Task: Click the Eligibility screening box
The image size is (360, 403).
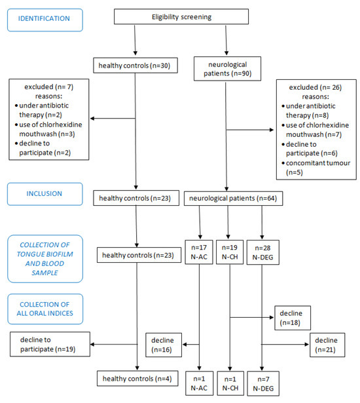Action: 181,16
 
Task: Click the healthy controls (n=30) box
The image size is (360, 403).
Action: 135,66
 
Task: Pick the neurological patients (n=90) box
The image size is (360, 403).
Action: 227,69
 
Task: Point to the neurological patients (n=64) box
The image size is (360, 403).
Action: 233,199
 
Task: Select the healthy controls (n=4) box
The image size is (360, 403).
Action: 137,378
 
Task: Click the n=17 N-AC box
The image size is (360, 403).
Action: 199,252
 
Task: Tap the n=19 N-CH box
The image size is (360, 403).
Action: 230,252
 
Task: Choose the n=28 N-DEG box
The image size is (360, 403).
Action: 263,252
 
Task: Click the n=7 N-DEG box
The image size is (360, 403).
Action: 263,383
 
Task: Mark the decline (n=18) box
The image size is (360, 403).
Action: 293,318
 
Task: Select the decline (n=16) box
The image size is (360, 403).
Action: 164,345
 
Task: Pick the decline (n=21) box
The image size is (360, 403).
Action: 327,345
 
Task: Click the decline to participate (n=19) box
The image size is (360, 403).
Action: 50,344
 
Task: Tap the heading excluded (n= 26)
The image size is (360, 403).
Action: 315,87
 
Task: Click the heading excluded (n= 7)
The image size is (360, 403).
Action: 49,87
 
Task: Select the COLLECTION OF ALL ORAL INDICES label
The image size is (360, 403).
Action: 45,309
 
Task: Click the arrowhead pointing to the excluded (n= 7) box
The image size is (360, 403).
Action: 92,119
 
